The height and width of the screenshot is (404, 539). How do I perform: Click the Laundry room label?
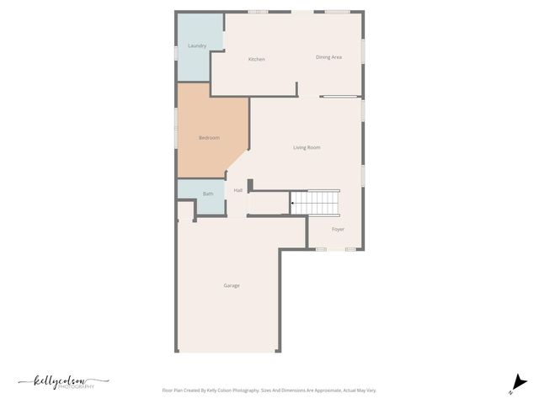pyautogui.click(x=197, y=45)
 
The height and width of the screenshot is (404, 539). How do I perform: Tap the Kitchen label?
pyautogui.click(x=257, y=59)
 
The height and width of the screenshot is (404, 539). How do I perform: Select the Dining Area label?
pyautogui.click(x=328, y=57)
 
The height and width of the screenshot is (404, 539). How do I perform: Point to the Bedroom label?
pyautogui.click(x=209, y=137)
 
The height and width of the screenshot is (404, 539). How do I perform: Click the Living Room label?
pyautogui.click(x=307, y=147)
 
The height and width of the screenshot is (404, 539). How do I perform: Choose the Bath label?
pyautogui.click(x=208, y=194)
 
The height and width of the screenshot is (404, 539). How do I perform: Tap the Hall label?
pyautogui.click(x=238, y=190)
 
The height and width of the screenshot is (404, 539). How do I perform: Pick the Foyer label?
pyautogui.click(x=338, y=229)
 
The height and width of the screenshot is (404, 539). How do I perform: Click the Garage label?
pyautogui.click(x=232, y=285)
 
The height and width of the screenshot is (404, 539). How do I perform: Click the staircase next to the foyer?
pyautogui.click(x=316, y=202)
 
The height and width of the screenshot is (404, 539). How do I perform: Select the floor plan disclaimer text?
pyautogui.click(x=269, y=391)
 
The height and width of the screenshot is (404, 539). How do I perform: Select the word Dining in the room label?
pyautogui.click(x=323, y=57)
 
